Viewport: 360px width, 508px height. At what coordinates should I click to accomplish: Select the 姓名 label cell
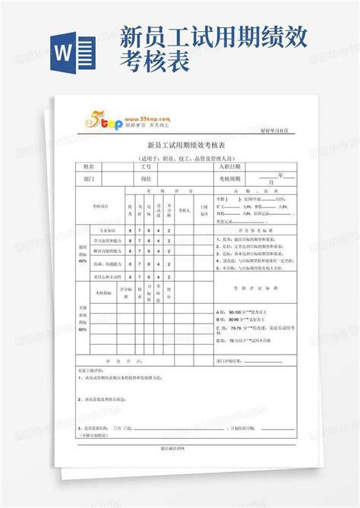pos(89,166)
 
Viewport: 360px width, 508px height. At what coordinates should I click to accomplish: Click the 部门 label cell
pos(89,179)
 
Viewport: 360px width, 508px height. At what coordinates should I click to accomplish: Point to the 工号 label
pos(146,166)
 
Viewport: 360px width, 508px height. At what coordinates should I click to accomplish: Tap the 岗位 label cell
pos(146,179)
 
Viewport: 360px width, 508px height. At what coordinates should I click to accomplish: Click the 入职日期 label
pos(229,166)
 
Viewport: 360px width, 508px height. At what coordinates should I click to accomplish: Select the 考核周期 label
pos(229,179)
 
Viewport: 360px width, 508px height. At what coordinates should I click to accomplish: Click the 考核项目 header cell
pos(100,206)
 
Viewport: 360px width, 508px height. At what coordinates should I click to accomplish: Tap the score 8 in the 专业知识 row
pos(130,229)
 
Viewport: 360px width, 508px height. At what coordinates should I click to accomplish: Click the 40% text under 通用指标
pos(82,260)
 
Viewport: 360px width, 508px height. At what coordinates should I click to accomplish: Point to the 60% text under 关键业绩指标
pos(82,330)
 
